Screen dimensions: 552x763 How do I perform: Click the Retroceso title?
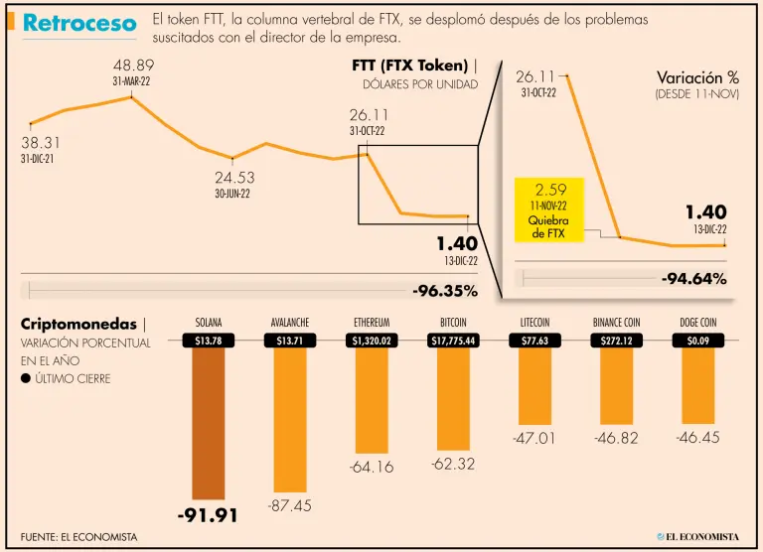79,24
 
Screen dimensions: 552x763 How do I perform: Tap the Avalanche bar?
290,417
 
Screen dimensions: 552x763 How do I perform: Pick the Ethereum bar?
372,397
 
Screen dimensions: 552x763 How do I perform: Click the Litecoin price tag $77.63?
535,341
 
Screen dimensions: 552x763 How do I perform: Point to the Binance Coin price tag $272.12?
617,341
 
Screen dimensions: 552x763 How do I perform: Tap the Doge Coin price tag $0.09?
696,341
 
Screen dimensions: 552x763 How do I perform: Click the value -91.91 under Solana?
209,515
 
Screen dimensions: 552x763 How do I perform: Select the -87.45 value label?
290,505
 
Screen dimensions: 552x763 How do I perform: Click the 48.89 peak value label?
133,66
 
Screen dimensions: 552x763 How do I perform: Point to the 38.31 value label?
41,142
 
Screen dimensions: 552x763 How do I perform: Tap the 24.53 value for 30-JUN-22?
234,178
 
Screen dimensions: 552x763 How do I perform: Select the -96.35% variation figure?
446,291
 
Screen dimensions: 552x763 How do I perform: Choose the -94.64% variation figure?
694,279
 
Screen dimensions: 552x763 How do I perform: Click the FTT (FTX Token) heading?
410,66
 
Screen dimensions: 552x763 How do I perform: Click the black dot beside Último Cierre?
25,378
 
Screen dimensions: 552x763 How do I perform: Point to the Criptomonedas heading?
79,325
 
